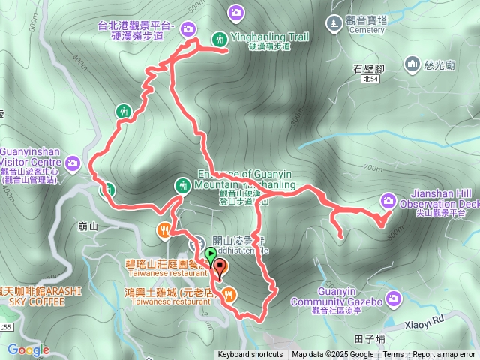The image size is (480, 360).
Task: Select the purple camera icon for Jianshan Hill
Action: (x=388, y=199)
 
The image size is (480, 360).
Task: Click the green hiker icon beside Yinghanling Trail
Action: (x=219, y=37)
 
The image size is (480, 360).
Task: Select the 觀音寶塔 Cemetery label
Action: (x=357, y=25)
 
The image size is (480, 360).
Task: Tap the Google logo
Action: (x=28, y=349)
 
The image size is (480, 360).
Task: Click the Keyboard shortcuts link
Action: (x=250, y=355)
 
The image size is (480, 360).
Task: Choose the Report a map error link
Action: (x=444, y=355)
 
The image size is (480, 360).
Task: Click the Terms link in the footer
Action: (x=393, y=355)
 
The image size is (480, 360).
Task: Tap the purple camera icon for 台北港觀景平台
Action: (x=187, y=29)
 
